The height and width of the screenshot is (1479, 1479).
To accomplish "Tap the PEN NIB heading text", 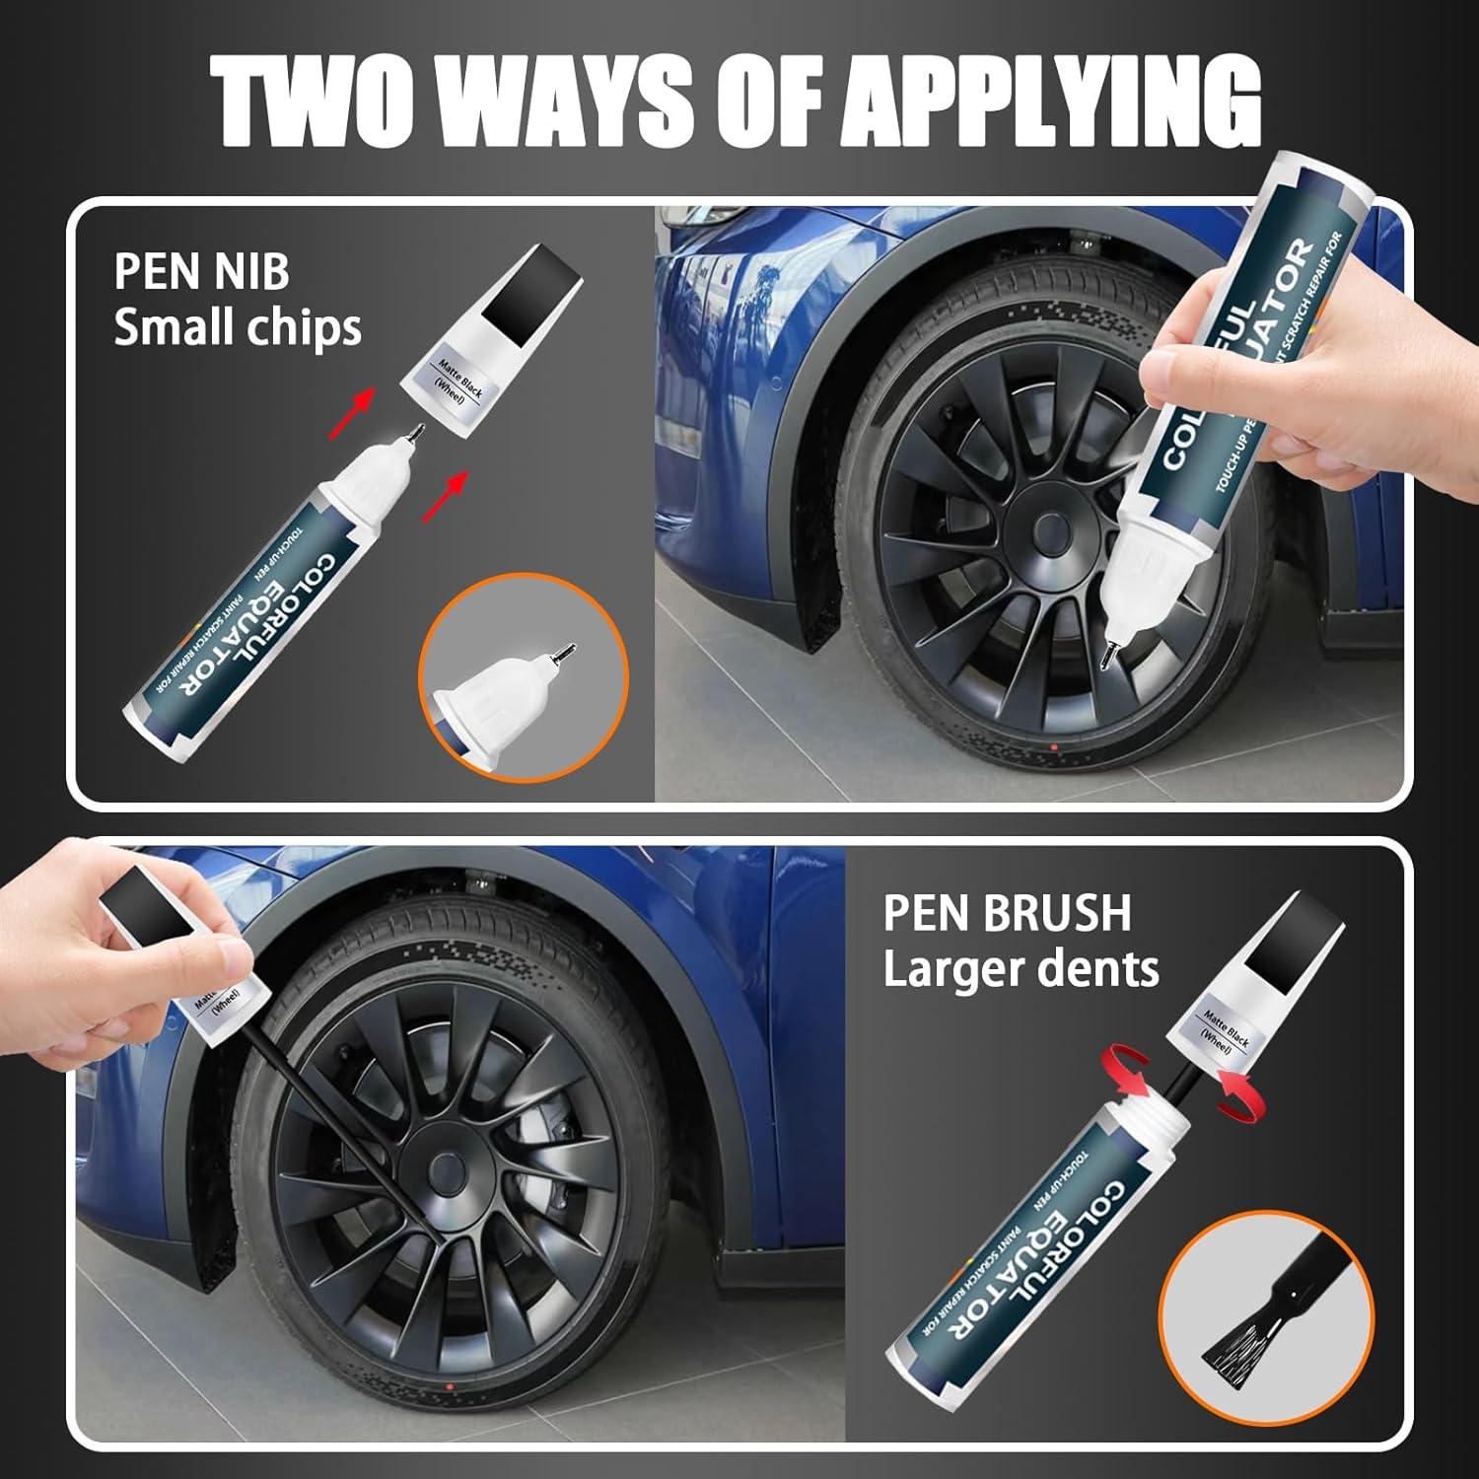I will pos(201,271).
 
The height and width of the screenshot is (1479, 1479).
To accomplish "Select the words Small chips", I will pos(238,327).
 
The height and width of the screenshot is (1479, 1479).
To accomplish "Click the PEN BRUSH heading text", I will pos(1007,913).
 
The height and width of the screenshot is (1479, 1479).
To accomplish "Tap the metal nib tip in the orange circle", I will pos(564,653).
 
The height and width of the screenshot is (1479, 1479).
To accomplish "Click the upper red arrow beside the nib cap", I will pos(363,400).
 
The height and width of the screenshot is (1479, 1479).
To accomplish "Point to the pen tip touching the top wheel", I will pos(1111,657).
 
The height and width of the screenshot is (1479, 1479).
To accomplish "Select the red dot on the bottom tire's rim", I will pos(450,1389).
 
